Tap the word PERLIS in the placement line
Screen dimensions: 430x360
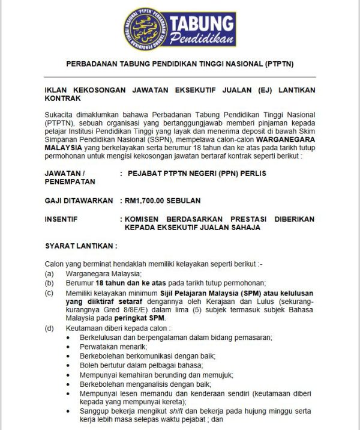pyautogui.click(x=253, y=173)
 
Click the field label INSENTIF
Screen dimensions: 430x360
pyautogui.click(x=61, y=219)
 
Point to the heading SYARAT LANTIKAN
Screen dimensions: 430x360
pyautogui.click(x=81, y=246)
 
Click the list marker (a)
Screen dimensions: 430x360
pyautogui.click(x=50, y=274)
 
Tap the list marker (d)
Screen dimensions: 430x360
pyautogui.click(x=50, y=329)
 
